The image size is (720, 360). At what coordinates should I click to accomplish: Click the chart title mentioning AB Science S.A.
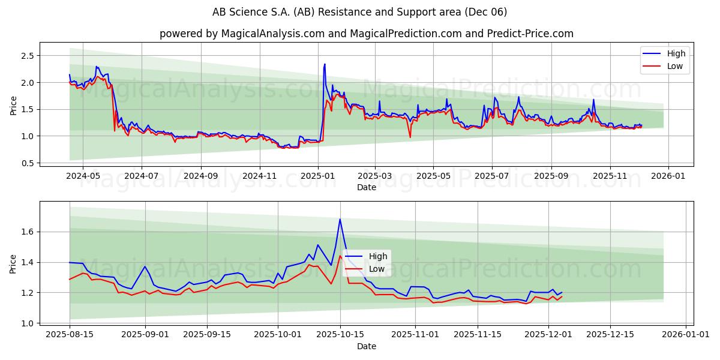coord(360,12)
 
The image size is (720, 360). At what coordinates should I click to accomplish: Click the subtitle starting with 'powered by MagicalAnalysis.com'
coord(366,34)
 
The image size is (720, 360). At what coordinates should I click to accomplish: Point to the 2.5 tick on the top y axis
coord(28,56)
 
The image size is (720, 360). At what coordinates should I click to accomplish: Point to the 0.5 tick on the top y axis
coord(28,163)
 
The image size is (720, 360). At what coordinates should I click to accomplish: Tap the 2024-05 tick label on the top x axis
coord(82,176)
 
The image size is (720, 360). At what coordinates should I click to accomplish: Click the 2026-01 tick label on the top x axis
coord(668,176)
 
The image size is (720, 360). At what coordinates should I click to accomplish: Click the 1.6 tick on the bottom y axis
coord(28,232)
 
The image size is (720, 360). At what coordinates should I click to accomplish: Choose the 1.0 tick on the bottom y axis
coord(28,323)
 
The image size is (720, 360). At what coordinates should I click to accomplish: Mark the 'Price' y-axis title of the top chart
coord(14,105)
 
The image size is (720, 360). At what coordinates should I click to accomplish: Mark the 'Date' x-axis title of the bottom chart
coord(366,346)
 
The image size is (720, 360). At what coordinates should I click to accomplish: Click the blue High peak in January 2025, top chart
coord(325,64)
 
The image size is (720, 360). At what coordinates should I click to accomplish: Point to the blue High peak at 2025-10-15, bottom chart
coord(340,219)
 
